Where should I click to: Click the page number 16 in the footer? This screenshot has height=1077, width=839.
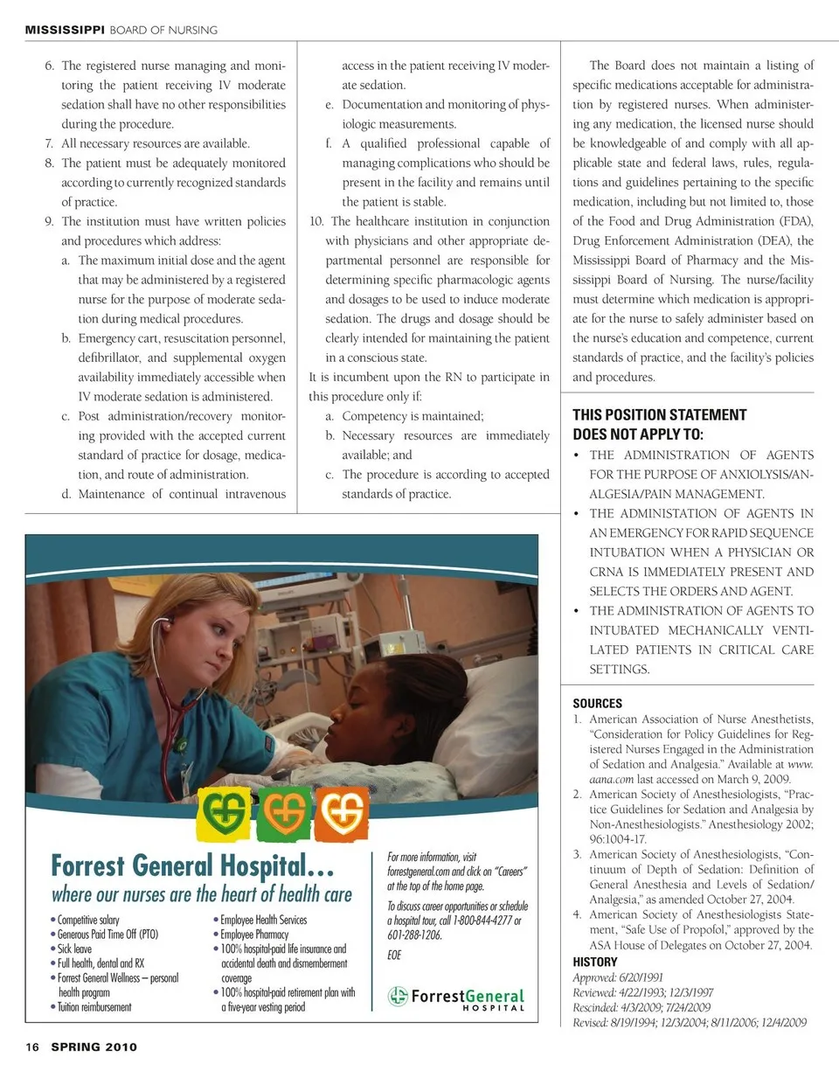click(x=31, y=1046)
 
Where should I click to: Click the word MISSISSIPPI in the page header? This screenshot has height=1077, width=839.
click(x=65, y=30)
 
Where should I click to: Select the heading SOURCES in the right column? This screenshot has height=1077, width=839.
click(x=598, y=703)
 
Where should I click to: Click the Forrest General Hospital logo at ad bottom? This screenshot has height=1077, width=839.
click(x=457, y=997)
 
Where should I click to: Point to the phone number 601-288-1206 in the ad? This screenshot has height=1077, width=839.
click(x=414, y=935)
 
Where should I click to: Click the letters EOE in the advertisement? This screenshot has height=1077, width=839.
click(x=395, y=955)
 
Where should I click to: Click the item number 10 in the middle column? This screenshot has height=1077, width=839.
click(x=317, y=221)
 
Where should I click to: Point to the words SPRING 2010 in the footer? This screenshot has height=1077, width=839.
click(x=94, y=1046)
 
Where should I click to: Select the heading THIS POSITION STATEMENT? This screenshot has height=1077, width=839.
click(x=660, y=415)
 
